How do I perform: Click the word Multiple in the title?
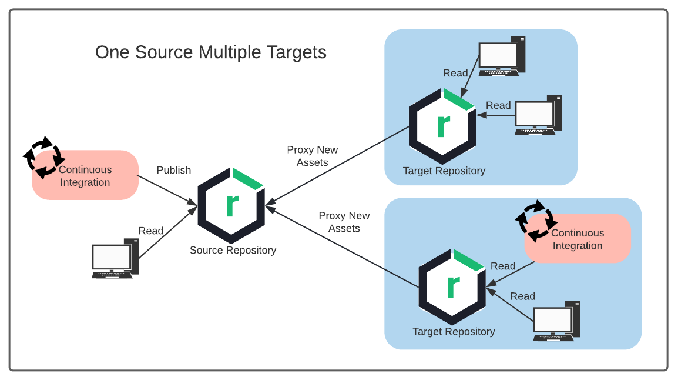click(230, 53)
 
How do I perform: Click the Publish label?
click(174, 170)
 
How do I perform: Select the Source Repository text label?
click(233, 250)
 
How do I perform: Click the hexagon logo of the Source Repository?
click(231, 205)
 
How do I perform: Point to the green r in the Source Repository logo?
click(233, 205)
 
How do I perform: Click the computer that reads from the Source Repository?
click(115, 258)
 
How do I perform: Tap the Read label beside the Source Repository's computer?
click(151, 231)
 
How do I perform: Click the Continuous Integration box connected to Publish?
click(85, 175)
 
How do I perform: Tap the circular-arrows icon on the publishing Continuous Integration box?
click(43, 158)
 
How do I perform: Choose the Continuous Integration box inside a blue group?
click(578, 238)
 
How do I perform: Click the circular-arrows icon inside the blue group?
click(536, 221)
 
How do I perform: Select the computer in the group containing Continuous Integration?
click(556, 321)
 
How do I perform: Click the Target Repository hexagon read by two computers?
click(442, 126)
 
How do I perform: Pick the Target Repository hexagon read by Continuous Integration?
click(452, 287)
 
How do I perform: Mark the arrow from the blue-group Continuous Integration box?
click(511, 274)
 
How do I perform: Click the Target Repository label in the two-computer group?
click(444, 171)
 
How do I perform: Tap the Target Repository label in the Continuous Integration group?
click(454, 332)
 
